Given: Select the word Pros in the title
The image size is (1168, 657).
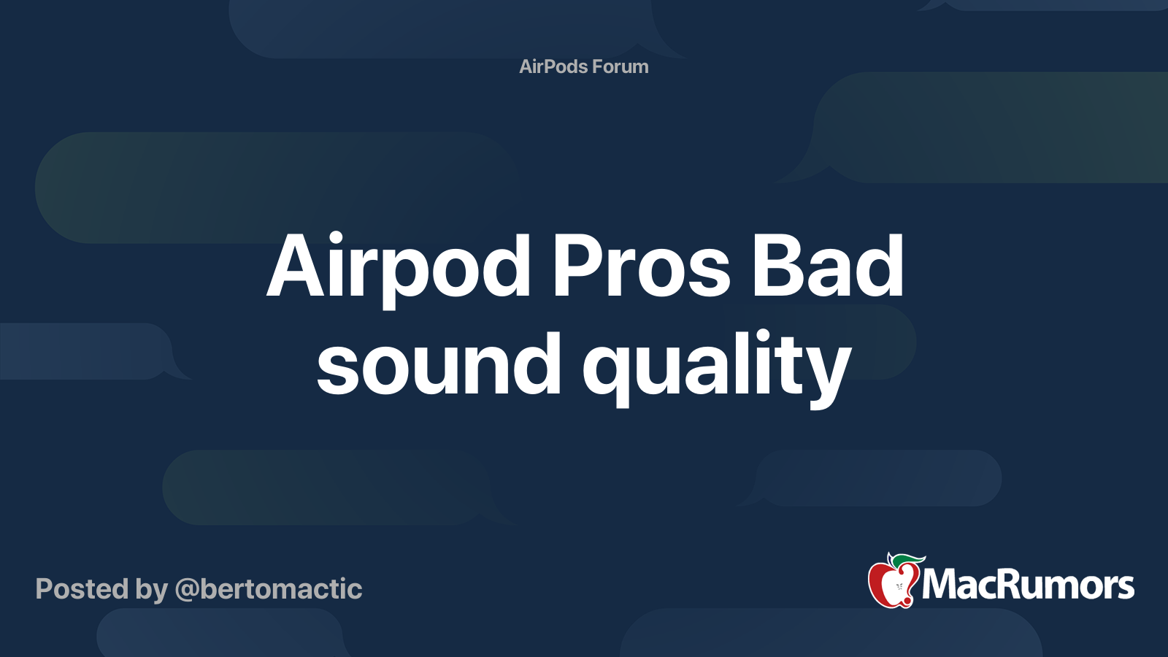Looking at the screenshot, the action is coord(642,266).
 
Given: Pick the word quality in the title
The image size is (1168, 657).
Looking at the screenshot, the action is coord(717,369).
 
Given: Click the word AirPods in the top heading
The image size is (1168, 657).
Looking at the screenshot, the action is coord(553,66).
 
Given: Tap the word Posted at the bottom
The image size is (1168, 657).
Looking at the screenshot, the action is coord(82,588).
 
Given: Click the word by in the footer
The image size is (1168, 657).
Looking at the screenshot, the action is coord(152,591).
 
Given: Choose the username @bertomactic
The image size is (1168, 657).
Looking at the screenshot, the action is coord(269,590).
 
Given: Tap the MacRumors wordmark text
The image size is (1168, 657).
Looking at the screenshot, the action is coord(1028,585).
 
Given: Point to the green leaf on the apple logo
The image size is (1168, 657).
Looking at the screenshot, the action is coord(907,559).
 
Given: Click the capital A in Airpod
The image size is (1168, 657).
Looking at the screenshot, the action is coord(296,266).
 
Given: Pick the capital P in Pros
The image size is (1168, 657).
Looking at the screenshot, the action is coord(576,266).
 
